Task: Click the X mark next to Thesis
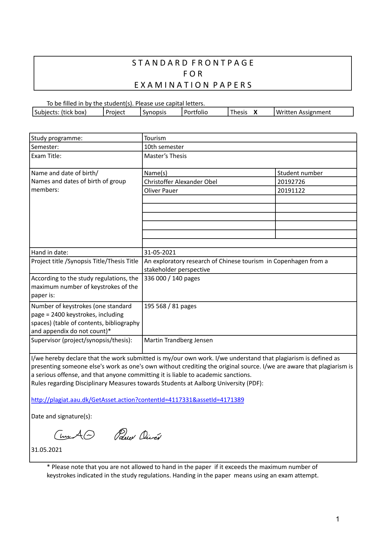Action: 255,112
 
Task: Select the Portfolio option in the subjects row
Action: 196,112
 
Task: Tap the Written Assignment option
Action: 303,112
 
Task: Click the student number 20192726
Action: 291,182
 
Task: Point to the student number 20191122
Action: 291,191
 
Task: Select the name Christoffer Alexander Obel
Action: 180,182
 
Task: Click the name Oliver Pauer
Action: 161,191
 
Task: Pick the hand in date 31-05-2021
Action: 160,253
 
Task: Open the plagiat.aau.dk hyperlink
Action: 137,400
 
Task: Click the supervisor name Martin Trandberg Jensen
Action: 178,340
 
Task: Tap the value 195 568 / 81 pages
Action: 170,306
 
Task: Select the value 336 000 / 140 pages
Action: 172,279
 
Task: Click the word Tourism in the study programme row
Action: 155,138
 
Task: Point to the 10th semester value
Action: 164,147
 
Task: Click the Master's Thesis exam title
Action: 165,156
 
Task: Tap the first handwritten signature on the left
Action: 74,435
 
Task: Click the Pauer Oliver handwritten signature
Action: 138,435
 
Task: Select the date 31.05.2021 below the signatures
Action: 46,450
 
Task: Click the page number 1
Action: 337,519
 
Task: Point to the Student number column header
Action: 300,173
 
